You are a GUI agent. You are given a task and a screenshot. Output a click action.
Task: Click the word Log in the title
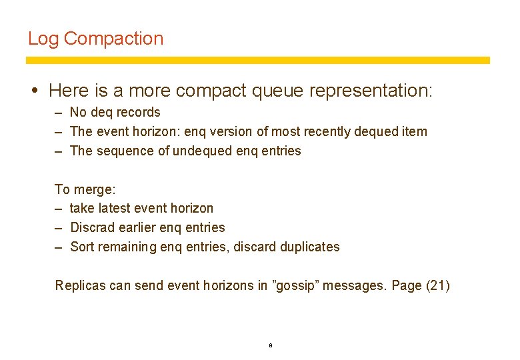[43, 39]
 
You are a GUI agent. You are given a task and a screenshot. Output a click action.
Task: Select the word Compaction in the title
[113, 39]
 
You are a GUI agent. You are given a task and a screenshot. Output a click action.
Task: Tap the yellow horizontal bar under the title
[257, 61]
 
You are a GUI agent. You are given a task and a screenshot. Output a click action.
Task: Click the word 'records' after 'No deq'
[138, 112]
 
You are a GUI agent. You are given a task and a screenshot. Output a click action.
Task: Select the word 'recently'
[323, 131]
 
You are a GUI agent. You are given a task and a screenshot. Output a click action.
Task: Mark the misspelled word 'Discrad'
[92, 227]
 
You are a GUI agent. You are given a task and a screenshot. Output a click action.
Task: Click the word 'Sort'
[82, 247]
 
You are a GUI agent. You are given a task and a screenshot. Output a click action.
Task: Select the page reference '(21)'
[438, 285]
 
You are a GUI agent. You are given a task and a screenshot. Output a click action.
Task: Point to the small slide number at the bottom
[270, 345]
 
